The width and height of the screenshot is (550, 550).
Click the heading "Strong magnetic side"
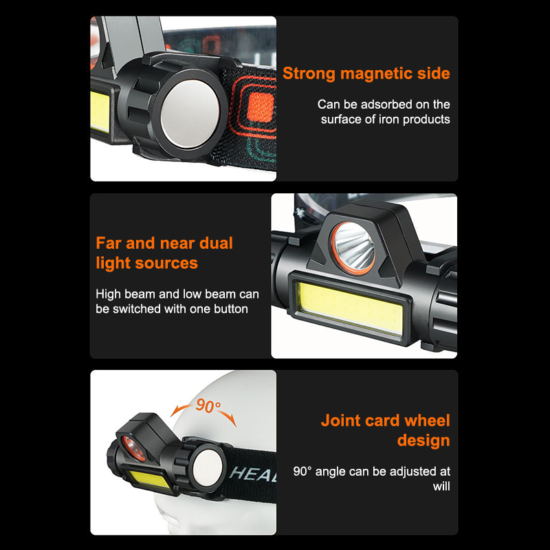click(366, 74)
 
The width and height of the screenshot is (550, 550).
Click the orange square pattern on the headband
click(260, 107)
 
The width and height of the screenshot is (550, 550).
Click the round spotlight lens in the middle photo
click(353, 248)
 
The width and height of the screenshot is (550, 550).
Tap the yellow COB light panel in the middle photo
click(351, 307)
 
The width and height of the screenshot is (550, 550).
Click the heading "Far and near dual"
click(164, 243)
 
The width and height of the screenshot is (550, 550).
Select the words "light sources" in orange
click(146, 263)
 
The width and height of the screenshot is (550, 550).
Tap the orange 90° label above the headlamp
click(208, 406)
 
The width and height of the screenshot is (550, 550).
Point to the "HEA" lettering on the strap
click(252, 474)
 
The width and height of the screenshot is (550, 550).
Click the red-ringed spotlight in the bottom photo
click(133, 448)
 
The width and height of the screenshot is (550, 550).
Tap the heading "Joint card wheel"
click(385, 420)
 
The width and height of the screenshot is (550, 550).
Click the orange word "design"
click(423, 440)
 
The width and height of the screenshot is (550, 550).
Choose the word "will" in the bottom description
click(441, 486)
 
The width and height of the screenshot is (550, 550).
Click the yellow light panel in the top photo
click(100, 111)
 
